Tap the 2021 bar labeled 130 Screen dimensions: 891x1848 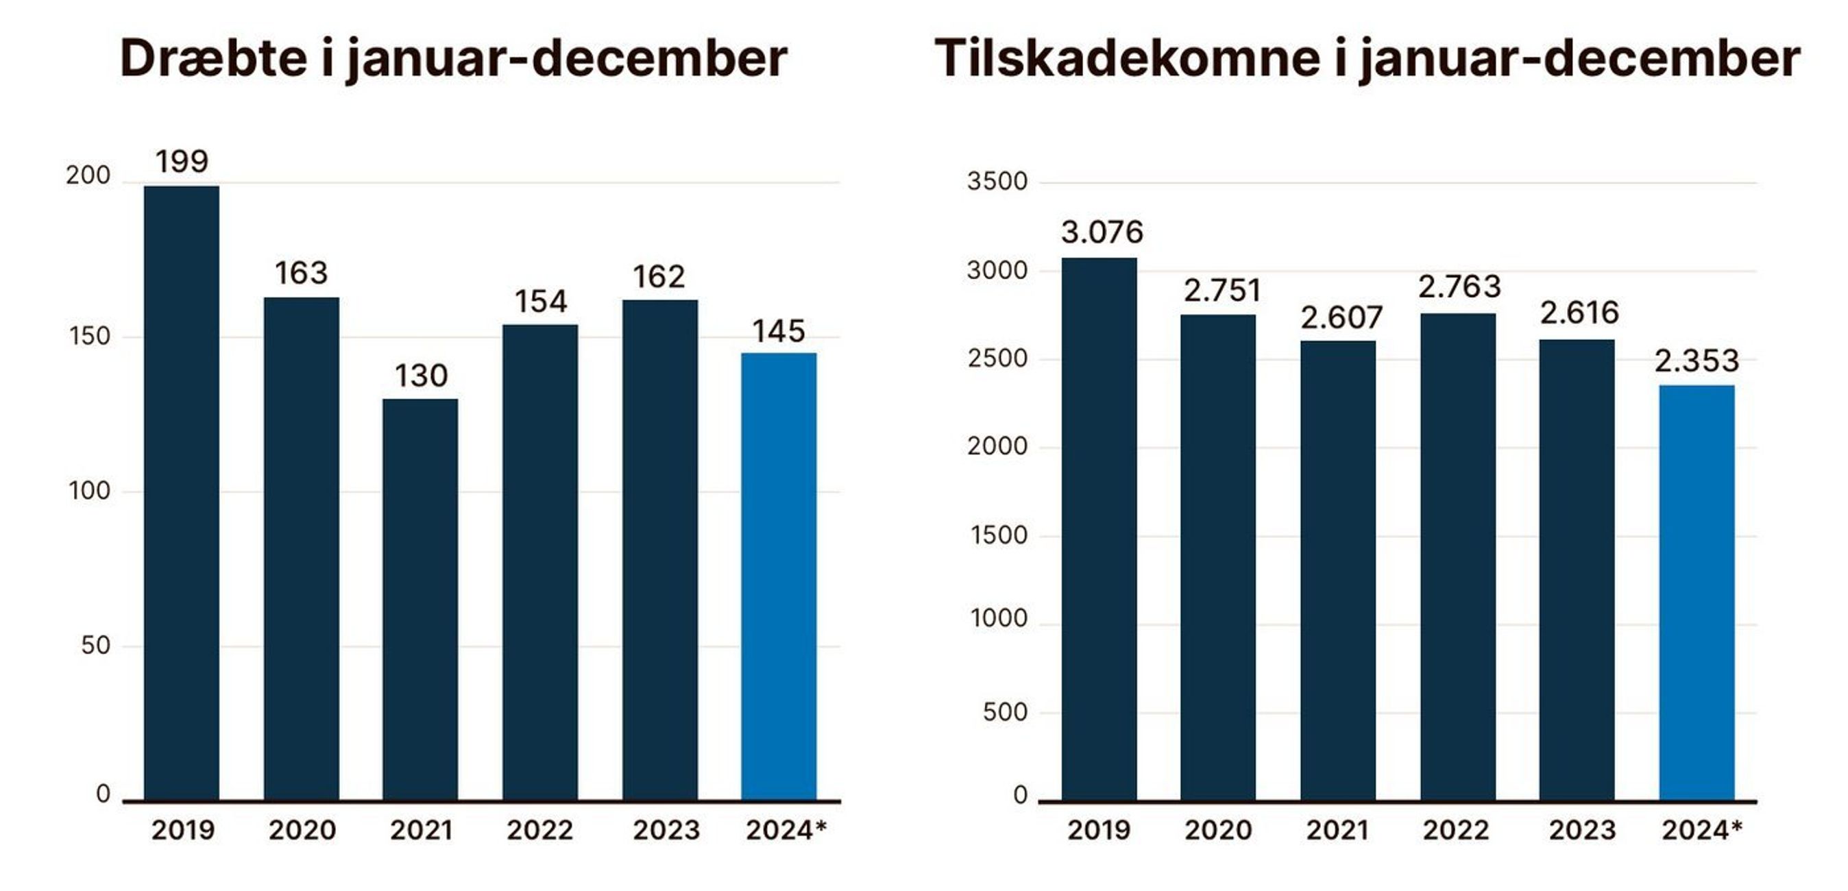pyautogui.click(x=420, y=599)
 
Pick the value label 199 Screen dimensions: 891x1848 pyautogui.click(x=182, y=162)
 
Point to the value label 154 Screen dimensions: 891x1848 pyautogui.click(x=540, y=302)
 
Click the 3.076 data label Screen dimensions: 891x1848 pyautogui.click(x=1102, y=232)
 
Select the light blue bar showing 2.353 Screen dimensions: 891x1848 pyautogui.click(x=1697, y=593)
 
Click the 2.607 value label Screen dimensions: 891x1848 pyautogui.click(x=1341, y=318)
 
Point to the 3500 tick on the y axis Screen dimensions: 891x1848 pyautogui.click(x=997, y=182)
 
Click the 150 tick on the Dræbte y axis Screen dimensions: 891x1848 pyautogui.click(x=90, y=337)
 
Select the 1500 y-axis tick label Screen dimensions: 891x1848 pyautogui.click(x=999, y=535)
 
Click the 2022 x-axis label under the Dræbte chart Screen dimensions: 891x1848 pyautogui.click(x=540, y=831)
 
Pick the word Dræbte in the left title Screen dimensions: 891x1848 pyautogui.click(x=213, y=59)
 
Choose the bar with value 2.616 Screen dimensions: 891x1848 pyautogui.click(x=1577, y=570)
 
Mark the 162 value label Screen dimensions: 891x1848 pyautogui.click(x=659, y=277)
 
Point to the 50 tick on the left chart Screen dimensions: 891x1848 pyautogui.click(x=95, y=646)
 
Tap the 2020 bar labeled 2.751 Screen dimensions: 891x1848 pyautogui.click(x=1218, y=557)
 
